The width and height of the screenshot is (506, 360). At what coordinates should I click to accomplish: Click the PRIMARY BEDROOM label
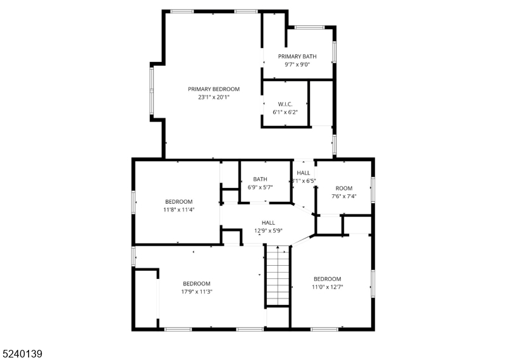[214, 89]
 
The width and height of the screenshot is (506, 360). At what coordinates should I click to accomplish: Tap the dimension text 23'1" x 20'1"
[214, 97]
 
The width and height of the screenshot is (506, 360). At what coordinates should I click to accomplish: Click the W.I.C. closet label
[285, 104]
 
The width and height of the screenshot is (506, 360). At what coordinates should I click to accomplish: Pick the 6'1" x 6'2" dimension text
[285, 112]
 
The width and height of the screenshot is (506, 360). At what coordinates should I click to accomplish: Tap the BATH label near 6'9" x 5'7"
[260, 179]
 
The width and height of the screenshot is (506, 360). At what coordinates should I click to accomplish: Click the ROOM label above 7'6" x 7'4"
[344, 188]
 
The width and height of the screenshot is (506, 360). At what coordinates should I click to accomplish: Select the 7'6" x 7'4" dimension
[344, 196]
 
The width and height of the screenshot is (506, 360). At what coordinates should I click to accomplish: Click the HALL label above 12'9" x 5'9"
[268, 222]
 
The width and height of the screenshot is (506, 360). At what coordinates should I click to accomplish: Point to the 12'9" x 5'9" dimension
[268, 230]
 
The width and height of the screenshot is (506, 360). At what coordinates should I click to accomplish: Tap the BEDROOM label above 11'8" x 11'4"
[179, 201]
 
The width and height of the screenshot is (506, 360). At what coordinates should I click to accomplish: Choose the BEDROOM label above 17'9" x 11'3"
[197, 283]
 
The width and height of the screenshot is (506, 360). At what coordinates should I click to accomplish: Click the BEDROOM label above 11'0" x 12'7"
[327, 279]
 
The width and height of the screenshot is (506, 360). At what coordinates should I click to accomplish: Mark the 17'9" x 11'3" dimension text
[197, 292]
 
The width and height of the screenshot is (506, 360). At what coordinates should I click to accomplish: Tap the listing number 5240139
[22, 353]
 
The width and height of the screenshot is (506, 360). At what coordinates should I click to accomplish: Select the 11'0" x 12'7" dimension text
[327, 287]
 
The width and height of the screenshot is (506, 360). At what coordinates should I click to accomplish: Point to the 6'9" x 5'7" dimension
[260, 187]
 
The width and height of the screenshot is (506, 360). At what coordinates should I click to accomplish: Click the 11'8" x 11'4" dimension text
[179, 209]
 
